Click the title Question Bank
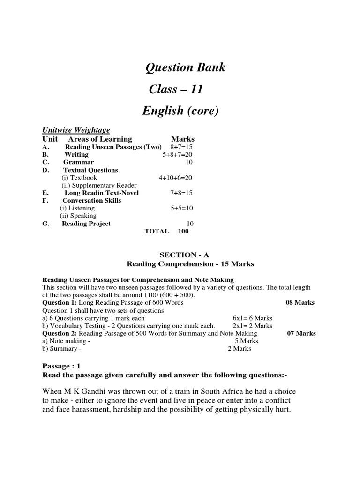click(x=185, y=67)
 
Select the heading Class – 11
click(x=176, y=89)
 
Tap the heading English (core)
click(x=180, y=111)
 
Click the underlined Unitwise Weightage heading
click(x=76, y=130)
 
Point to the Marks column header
click(x=183, y=139)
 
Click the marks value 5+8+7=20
click(x=177, y=155)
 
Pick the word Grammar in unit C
click(x=78, y=162)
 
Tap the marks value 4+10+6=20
click(x=175, y=178)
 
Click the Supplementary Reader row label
click(x=99, y=185)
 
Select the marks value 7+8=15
click(x=181, y=193)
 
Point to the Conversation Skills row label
click(x=92, y=201)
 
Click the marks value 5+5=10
click(x=182, y=208)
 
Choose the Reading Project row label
click(x=86, y=224)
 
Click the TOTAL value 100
click(x=183, y=231)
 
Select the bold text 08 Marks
click(x=300, y=303)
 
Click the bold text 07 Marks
click(x=301, y=334)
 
